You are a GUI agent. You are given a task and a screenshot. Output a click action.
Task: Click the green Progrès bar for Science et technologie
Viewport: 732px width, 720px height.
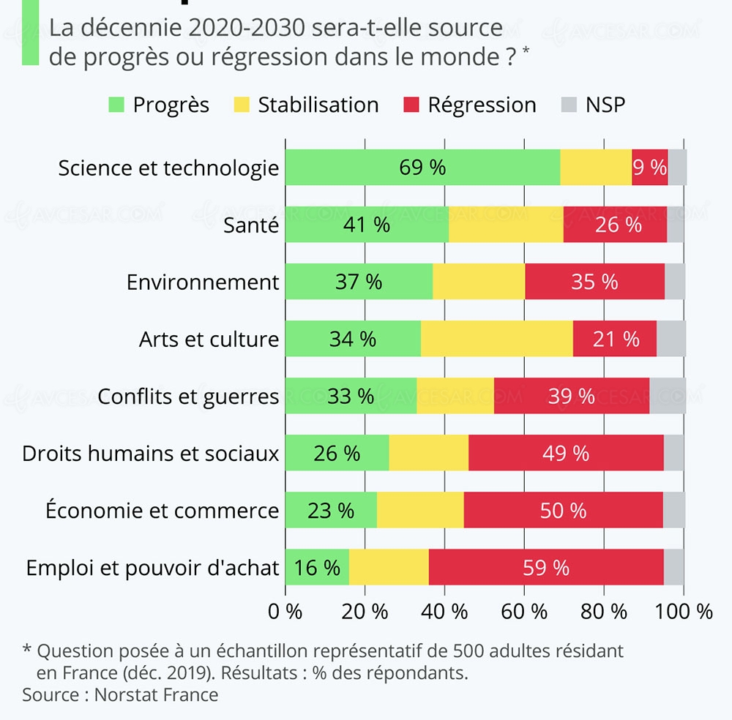(x=422, y=167)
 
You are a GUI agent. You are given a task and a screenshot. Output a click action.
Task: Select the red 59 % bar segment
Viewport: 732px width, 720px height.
(x=546, y=567)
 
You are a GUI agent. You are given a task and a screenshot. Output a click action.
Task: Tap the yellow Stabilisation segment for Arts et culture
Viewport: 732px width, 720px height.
(x=496, y=339)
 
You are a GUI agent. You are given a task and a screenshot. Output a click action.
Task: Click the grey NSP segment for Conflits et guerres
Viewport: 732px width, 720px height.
(x=668, y=396)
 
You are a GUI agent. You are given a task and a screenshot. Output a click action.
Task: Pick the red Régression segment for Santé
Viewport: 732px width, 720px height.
(x=615, y=225)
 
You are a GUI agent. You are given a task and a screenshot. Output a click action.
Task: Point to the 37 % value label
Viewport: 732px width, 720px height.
(x=359, y=282)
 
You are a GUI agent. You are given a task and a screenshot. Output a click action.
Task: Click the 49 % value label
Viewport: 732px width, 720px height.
(x=566, y=453)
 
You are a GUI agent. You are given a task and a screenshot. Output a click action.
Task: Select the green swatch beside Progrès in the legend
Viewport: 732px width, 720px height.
(x=117, y=105)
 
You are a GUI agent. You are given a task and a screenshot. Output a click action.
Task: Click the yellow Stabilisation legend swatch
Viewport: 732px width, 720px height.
(x=242, y=105)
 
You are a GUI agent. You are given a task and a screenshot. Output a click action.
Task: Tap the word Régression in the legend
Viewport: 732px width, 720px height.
(x=482, y=105)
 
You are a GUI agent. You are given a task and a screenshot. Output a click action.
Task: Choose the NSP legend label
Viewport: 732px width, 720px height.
(x=605, y=105)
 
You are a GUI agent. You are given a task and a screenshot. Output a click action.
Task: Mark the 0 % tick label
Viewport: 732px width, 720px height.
(x=285, y=612)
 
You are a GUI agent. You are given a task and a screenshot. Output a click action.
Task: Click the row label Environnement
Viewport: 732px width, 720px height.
(x=203, y=282)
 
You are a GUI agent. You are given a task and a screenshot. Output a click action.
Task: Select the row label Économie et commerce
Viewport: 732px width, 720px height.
(x=162, y=510)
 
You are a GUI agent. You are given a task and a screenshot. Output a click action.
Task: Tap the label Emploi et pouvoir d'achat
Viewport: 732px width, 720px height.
(x=152, y=567)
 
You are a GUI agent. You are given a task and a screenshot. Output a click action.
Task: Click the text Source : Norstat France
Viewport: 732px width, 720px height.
(x=120, y=694)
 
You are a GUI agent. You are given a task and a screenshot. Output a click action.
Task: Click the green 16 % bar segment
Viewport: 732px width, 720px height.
(x=317, y=567)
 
